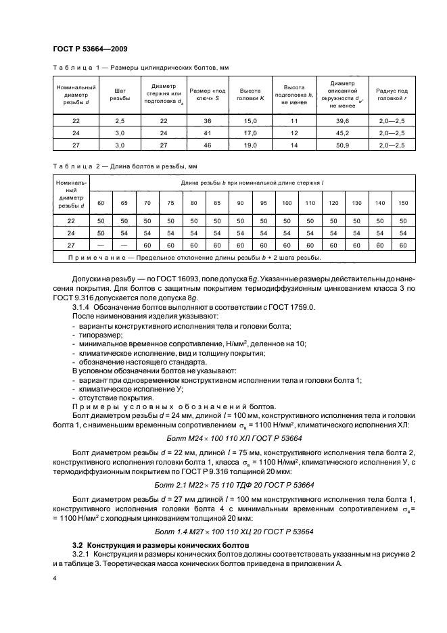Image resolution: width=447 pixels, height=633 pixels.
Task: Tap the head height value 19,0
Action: [x=246, y=145]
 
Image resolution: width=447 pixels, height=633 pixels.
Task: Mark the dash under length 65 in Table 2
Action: [x=124, y=245]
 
